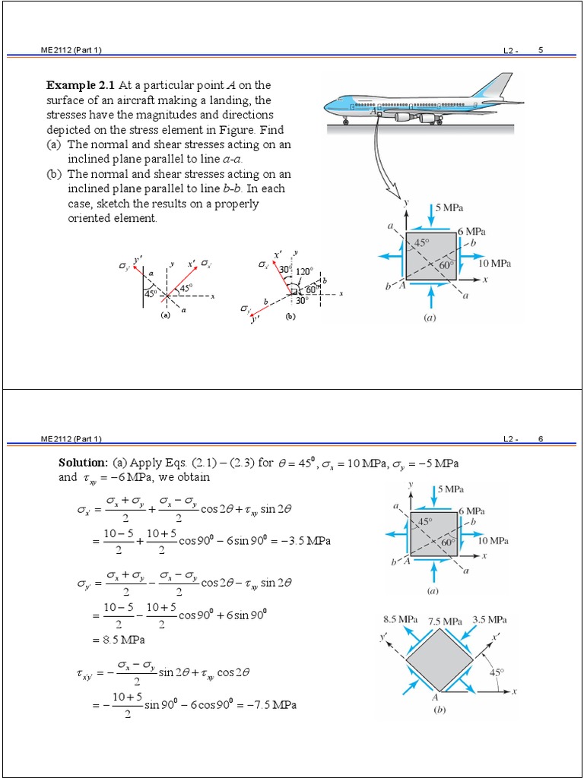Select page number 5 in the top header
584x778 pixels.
[541, 50]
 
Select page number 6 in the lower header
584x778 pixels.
[541, 439]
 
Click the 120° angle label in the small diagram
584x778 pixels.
[306, 270]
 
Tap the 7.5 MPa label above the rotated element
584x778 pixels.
[445, 621]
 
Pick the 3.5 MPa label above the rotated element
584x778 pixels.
[490, 619]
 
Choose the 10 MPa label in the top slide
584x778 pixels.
[495, 264]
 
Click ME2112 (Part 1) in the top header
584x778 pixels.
[70, 50]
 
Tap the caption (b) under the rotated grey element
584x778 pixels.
[439, 712]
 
